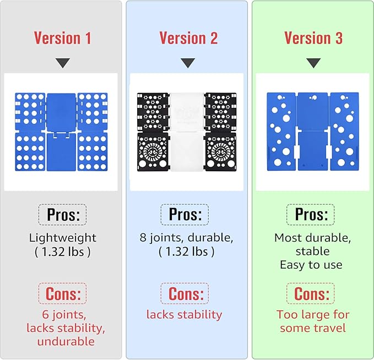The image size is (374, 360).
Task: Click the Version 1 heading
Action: tap(62, 38)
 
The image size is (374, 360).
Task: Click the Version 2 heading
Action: tap(188, 38)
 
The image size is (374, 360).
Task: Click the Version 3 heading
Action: tap(313, 38)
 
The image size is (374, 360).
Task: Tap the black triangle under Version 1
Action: tap(63, 63)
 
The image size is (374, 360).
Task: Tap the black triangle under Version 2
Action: tap(188, 63)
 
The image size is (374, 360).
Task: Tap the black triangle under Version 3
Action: tap(313, 63)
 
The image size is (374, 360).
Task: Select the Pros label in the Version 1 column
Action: tap(63, 215)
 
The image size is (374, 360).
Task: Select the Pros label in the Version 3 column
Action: tap(311, 215)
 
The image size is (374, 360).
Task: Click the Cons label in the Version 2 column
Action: tap(186, 293)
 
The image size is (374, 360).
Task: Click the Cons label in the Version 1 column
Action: tap(63, 293)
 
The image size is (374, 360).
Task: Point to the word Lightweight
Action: tap(63, 238)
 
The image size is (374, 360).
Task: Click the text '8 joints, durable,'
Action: tap(186, 238)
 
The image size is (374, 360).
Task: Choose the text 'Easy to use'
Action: tap(311, 265)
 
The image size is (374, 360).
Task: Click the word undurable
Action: tap(66, 341)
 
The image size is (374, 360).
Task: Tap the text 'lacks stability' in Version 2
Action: tap(184, 315)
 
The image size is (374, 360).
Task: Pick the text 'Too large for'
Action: tap(313, 314)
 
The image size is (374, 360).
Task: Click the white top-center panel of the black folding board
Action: tap(187, 112)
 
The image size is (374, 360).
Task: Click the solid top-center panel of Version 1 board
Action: tap(61, 112)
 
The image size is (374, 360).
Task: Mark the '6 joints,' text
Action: tap(64, 315)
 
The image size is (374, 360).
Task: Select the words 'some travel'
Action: tap(313, 328)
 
